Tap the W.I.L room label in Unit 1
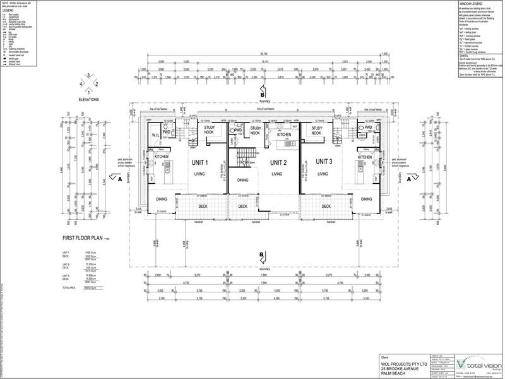click(156, 135)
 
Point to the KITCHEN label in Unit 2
click(283, 135)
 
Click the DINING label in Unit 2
click(243, 181)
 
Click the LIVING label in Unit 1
click(201, 174)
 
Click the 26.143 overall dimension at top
click(260, 54)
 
